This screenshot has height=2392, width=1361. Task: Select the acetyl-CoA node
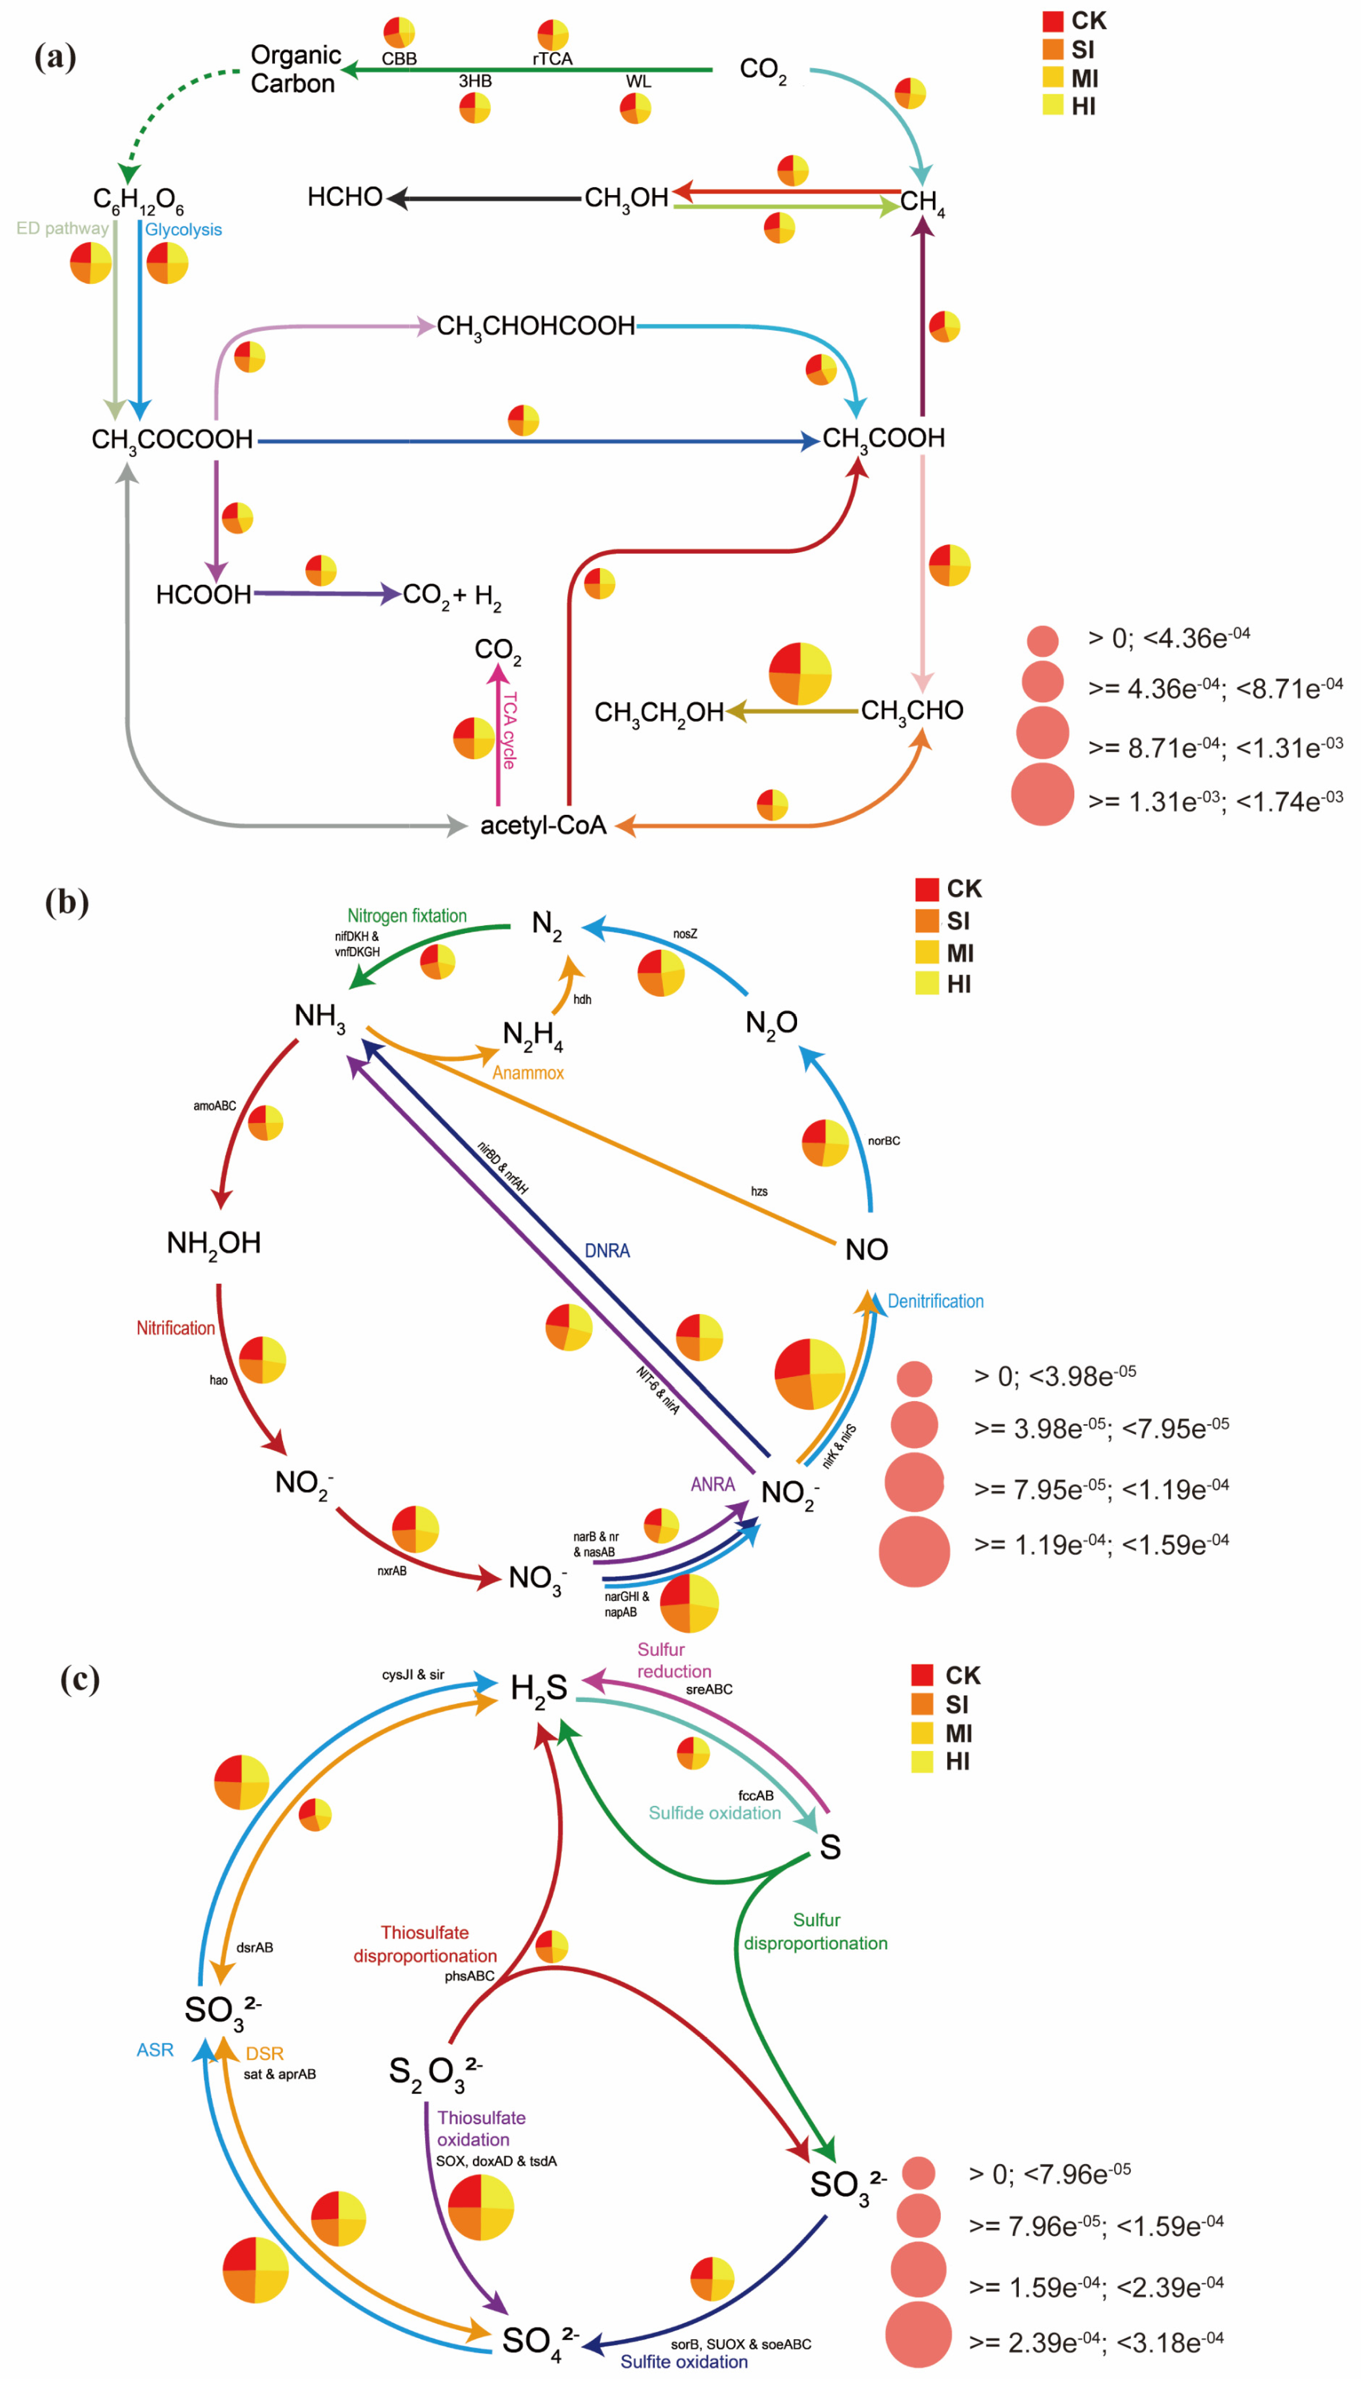[543, 825]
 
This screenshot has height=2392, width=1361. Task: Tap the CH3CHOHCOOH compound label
[535, 326]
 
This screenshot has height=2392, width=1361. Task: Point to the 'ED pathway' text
[63, 228]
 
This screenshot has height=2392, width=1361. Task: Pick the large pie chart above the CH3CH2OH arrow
[800, 673]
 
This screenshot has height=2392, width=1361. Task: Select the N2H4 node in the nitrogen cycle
[533, 1034]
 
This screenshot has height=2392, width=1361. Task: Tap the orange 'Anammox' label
[528, 1073]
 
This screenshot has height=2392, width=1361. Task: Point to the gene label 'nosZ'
[685, 934]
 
